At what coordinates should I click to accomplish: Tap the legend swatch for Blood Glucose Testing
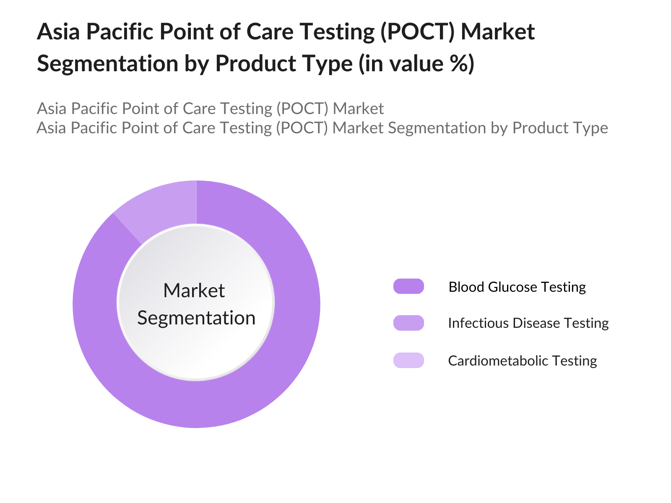click(x=408, y=286)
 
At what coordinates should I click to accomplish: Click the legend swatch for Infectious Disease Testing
click(x=408, y=323)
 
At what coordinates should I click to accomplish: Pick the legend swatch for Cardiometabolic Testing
click(x=408, y=360)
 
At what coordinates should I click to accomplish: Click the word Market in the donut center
click(x=194, y=290)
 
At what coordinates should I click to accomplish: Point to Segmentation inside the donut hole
click(x=196, y=318)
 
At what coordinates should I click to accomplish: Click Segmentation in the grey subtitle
click(x=437, y=128)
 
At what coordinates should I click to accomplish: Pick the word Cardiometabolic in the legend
click(x=494, y=360)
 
